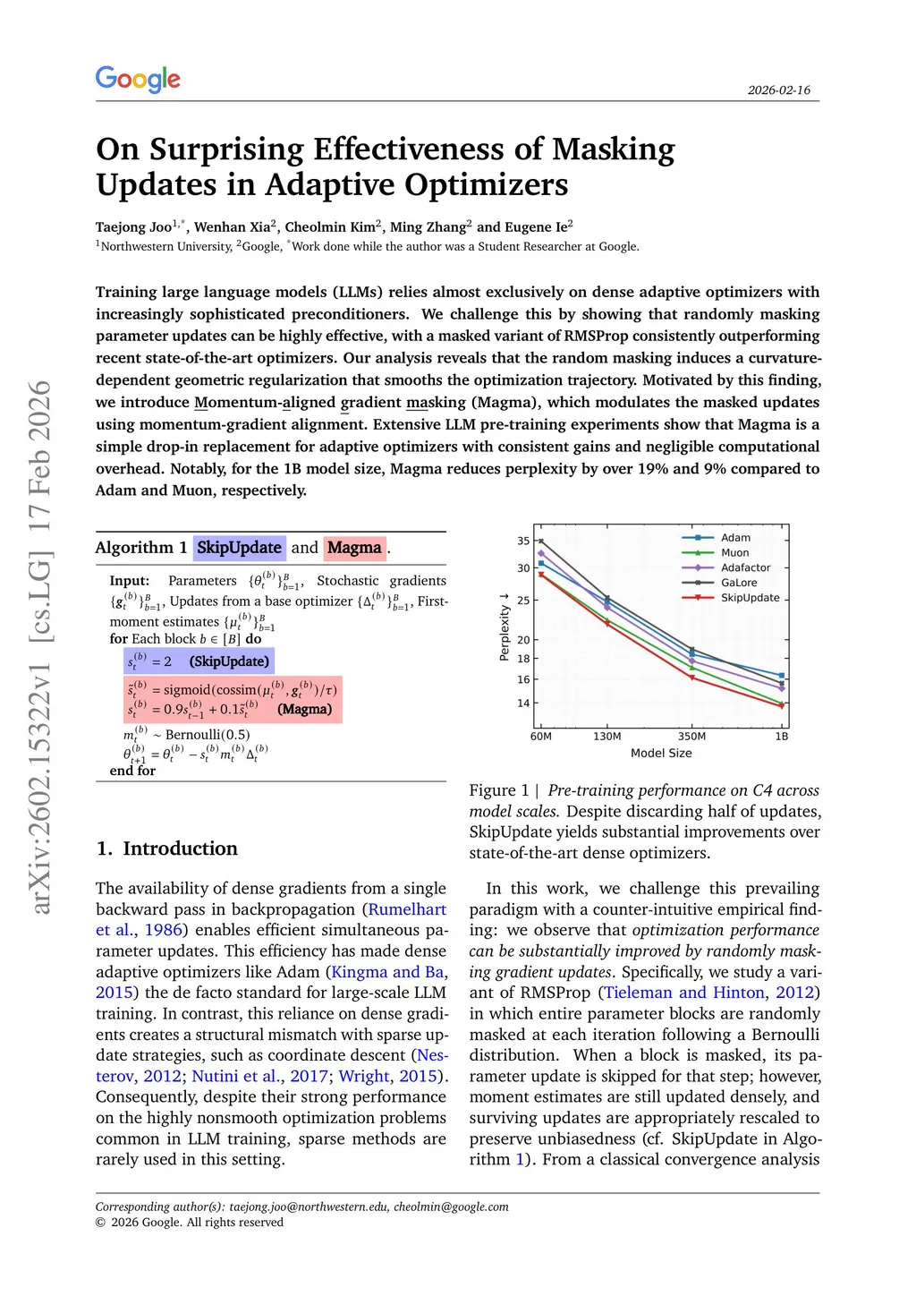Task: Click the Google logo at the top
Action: click(x=138, y=79)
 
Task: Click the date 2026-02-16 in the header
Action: click(x=778, y=90)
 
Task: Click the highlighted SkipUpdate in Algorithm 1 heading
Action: click(x=239, y=548)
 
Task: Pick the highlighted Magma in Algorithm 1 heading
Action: click(x=354, y=548)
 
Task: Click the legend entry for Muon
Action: click(x=734, y=553)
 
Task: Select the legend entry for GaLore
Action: click(x=739, y=583)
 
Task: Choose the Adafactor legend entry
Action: click(x=745, y=567)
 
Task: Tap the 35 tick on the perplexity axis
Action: click(x=523, y=541)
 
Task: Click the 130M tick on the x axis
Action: click(x=606, y=737)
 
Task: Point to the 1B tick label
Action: click(x=781, y=737)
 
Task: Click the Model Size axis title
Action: click(x=661, y=754)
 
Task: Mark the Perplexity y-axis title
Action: click(x=505, y=627)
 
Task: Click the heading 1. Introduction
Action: click(x=167, y=848)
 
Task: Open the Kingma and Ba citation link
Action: click(x=387, y=972)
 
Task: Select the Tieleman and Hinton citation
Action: click(x=684, y=993)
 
